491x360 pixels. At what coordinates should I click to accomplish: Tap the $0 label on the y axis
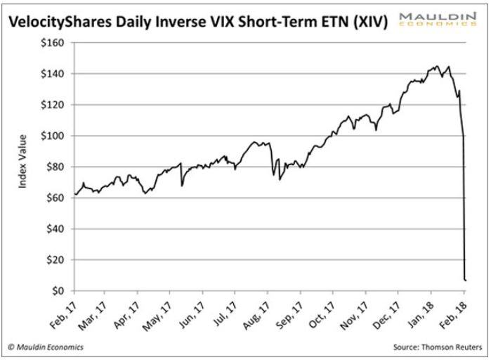(60, 290)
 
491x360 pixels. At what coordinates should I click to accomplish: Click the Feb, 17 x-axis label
(63, 309)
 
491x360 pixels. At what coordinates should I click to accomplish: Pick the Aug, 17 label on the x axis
(258, 309)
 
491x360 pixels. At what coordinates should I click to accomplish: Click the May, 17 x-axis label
(161, 309)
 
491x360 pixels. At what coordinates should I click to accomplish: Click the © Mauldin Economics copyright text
(46, 347)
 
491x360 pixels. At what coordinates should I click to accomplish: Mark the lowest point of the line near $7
(466, 280)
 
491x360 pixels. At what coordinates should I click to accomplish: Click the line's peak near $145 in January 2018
(438, 67)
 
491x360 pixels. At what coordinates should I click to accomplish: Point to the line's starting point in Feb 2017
(74, 194)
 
